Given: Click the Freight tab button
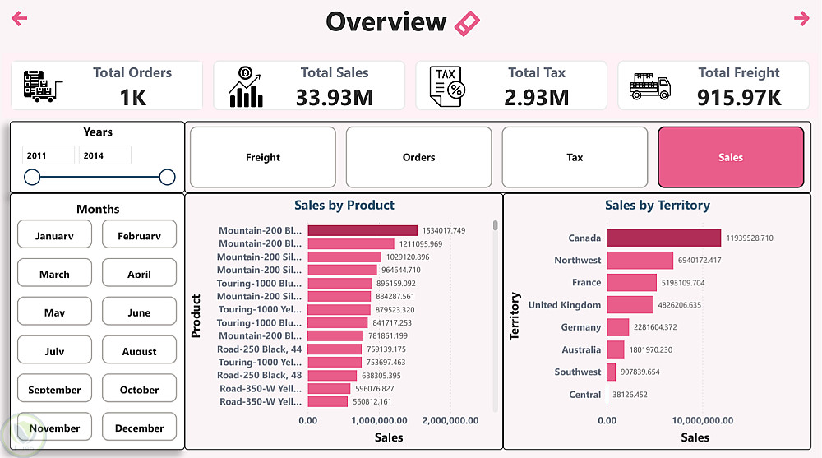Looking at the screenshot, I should [263, 157].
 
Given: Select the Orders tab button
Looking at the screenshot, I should [418, 157].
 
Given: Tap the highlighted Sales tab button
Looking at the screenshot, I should [731, 157].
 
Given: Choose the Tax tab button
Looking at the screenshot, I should [575, 157].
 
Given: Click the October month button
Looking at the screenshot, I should [139, 389].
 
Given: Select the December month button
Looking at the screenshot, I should [139, 428].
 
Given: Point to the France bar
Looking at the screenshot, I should [631, 283].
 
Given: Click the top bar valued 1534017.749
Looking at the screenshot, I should [363, 231].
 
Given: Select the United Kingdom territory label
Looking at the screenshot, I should [565, 305].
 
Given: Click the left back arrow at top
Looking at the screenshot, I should [21, 19].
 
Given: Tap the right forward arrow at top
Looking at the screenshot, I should [801, 19].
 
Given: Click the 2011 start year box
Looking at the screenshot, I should [48, 155].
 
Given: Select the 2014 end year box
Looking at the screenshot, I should [104, 155].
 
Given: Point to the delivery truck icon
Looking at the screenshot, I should [650, 86].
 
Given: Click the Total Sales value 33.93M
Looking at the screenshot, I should [335, 98].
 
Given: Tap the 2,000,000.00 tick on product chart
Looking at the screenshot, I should [450, 420].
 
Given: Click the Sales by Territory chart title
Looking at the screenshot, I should [657, 206].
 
